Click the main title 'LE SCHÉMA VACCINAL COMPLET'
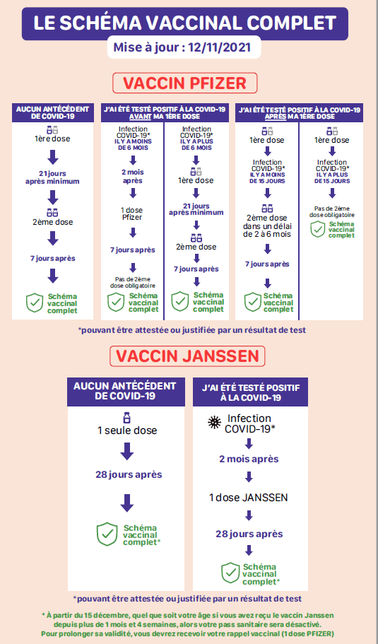(x=184, y=23)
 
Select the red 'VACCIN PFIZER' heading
(x=184, y=83)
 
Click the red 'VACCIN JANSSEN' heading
(x=187, y=356)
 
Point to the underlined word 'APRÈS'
(x=274, y=116)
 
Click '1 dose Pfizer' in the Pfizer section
(x=132, y=213)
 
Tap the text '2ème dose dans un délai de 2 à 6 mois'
(x=267, y=226)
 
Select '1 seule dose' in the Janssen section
(x=126, y=431)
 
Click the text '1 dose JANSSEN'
(x=248, y=498)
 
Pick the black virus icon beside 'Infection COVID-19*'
(x=214, y=423)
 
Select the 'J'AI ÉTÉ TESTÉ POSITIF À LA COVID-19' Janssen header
(x=250, y=392)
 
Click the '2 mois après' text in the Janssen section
(x=249, y=459)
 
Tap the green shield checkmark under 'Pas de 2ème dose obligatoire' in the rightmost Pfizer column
(x=318, y=230)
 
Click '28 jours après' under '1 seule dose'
(x=129, y=474)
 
